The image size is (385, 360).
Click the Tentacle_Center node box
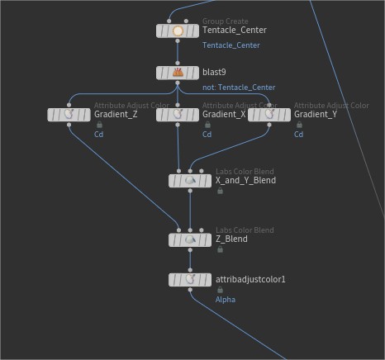click(178, 31)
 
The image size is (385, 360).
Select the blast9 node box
click(178, 73)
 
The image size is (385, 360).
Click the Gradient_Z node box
click(69, 115)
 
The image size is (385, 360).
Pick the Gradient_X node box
click(178, 115)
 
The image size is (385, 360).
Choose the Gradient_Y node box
click(269, 115)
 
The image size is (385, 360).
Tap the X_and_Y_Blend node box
click(190, 181)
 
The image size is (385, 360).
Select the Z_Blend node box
click(190, 239)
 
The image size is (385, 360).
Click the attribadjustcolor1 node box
click(190, 280)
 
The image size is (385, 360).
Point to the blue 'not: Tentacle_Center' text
click(239, 88)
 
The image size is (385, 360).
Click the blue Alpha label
click(226, 300)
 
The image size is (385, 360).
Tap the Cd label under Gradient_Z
click(98, 135)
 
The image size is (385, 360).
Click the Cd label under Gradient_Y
click(298, 135)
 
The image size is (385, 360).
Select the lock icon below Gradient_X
click(207, 125)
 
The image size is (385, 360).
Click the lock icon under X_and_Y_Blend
click(220, 191)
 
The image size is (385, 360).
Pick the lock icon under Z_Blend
click(220, 249)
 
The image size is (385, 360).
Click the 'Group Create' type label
click(226, 21)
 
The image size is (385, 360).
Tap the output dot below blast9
click(178, 83)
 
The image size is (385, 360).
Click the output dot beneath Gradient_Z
click(69, 125)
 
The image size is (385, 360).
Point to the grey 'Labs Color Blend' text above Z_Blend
click(245, 230)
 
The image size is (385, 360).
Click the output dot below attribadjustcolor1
click(190, 290)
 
